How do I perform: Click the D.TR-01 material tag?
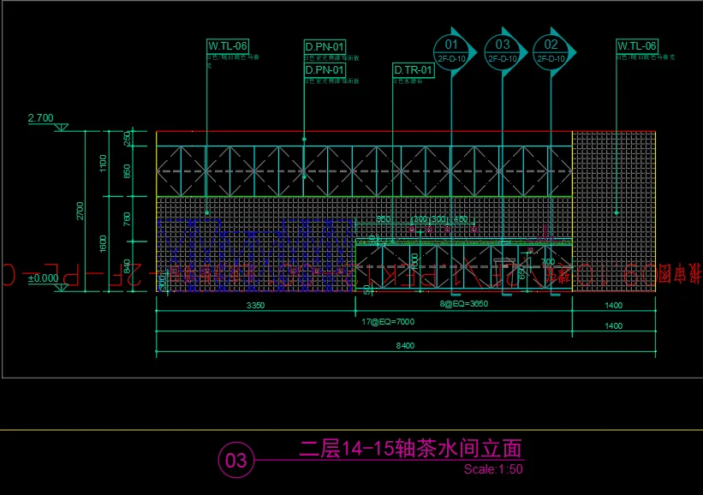point(414,69)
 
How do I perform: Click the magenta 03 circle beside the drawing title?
point(235,462)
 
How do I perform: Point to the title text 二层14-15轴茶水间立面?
point(410,448)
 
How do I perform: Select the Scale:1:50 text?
point(493,469)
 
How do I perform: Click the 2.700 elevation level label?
point(41,117)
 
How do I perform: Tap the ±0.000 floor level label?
point(43,277)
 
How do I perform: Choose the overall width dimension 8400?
point(404,346)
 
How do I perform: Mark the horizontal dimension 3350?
point(255,305)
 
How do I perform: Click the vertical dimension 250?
point(127,138)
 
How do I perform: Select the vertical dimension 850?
point(127,170)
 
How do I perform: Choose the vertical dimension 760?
point(127,220)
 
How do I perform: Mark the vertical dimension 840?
point(127,266)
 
